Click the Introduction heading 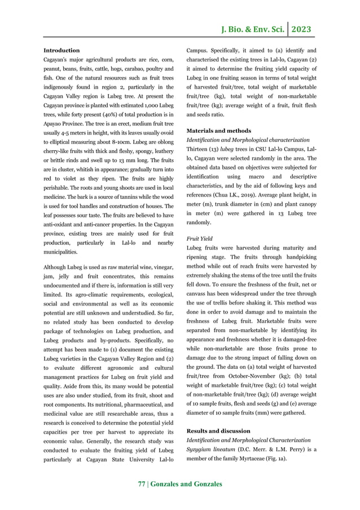tap(62, 50)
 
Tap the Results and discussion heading tap(219, 431)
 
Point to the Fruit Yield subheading tap(200, 239)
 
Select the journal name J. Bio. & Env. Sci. tap(251, 29)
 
